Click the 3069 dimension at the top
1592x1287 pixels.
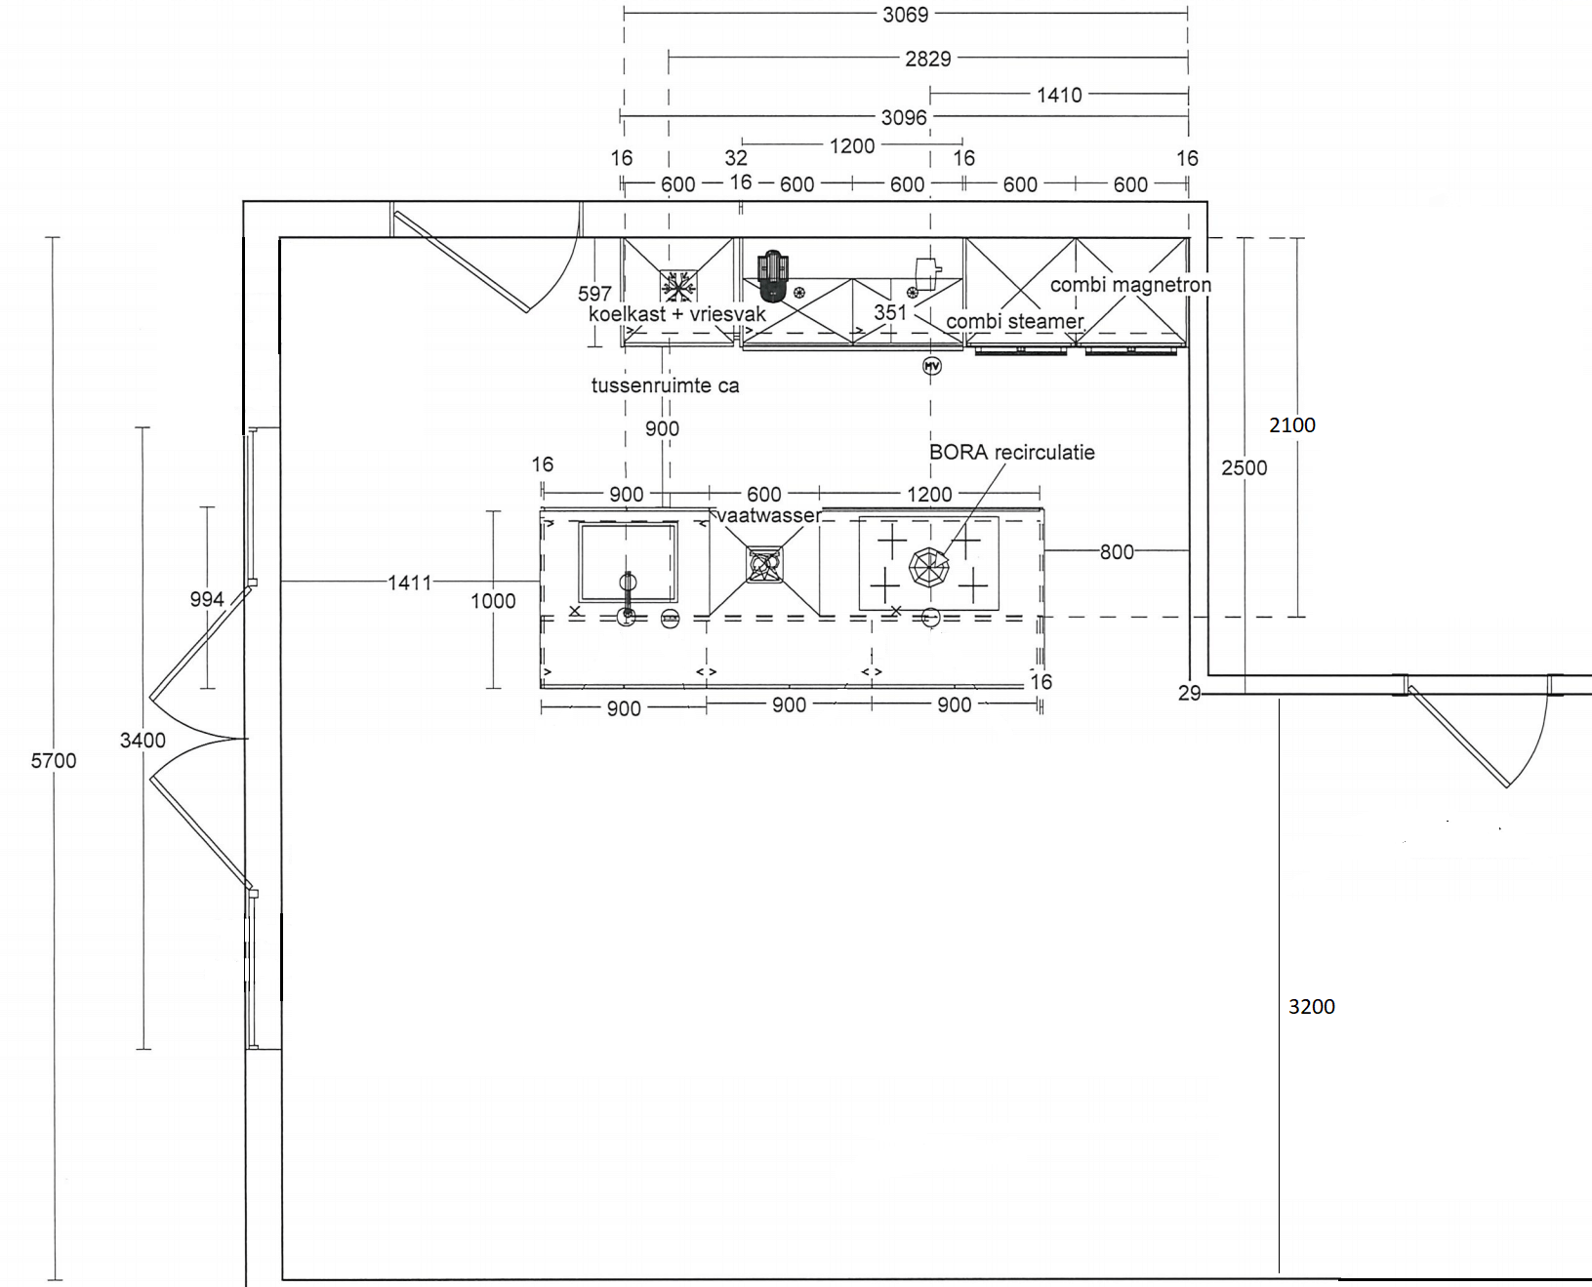point(905,15)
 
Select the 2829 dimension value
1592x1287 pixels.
point(927,59)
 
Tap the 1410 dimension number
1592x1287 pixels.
point(1059,95)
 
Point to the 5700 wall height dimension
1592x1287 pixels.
point(53,760)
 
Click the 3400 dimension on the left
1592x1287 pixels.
point(143,740)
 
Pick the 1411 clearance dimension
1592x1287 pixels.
point(409,583)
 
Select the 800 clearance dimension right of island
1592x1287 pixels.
point(1117,552)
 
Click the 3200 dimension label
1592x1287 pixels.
point(1311,1007)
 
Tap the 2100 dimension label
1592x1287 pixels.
point(1291,424)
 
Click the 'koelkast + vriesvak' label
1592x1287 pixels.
point(677,314)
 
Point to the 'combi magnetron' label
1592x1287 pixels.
point(1130,285)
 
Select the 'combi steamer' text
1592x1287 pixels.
point(1015,321)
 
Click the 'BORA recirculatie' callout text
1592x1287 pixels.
point(1011,452)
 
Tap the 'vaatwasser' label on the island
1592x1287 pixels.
point(769,515)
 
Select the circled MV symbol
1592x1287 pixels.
point(932,366)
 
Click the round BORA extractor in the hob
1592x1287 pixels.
point(928,567)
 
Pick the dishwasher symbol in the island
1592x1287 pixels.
point(764,565)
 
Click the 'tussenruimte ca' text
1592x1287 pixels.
point(665,385)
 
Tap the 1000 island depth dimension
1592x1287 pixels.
point(493,601)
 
